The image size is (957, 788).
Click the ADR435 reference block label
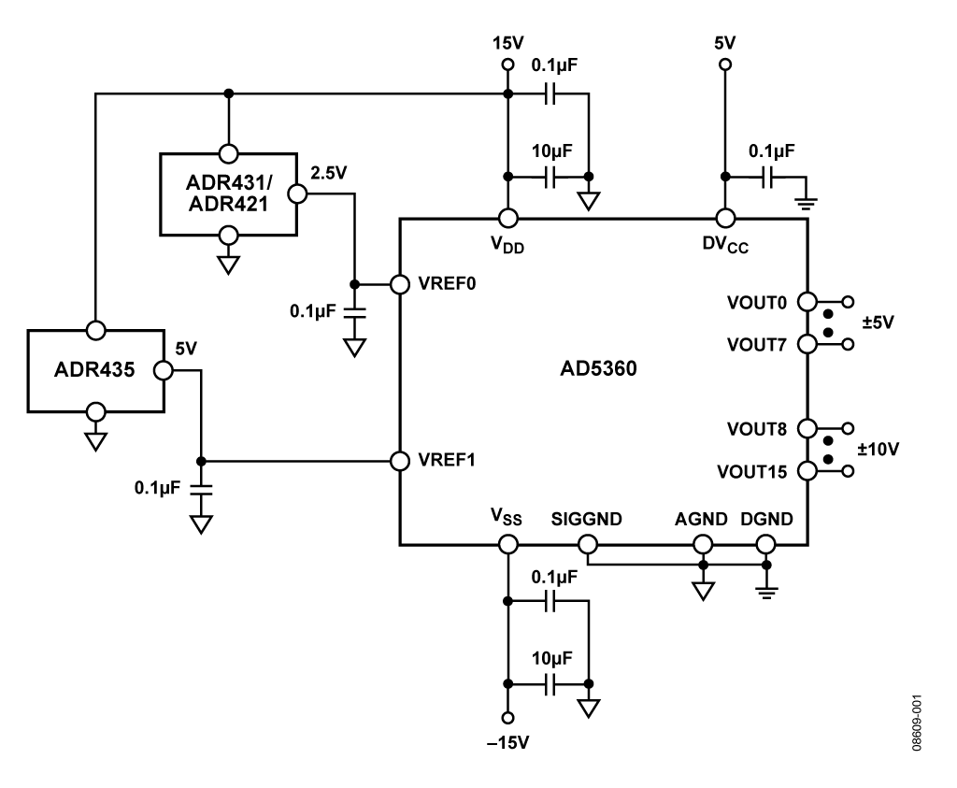[94, 370]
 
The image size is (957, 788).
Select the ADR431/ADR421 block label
[229, 193]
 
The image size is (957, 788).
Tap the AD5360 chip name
[598, 368]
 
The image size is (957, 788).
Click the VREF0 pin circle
[400, 284]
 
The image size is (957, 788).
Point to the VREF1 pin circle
[400, 461]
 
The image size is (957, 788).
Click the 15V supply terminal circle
[507, 64]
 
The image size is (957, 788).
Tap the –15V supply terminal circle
[507, 718]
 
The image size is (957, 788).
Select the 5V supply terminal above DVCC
[725, 64]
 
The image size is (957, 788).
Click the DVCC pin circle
[725, 218]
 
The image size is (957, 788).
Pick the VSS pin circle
[507, 544]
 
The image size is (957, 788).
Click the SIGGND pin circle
[588, 544]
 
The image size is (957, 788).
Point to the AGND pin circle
[703, 544]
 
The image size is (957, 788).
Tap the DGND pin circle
[766, 544]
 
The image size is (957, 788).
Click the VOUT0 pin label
[757, 303]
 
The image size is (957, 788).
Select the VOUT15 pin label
[752, 472]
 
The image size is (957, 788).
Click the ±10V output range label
[878, 450]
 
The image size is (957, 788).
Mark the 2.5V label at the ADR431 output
[328, 173]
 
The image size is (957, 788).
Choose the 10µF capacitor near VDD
[550, 177]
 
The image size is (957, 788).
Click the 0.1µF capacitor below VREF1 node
[201, 488]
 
